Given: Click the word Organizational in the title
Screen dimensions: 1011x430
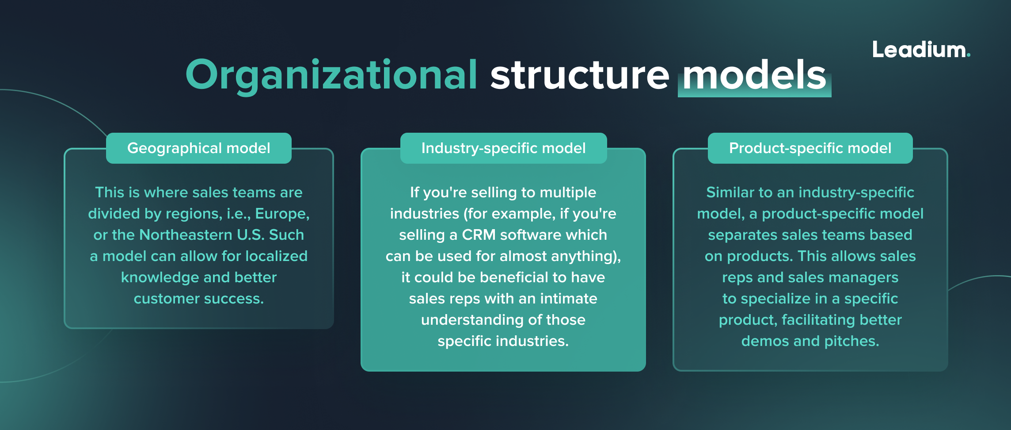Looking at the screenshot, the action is (x=331, y=75).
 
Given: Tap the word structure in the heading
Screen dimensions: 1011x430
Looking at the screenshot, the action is (x=580, y=75).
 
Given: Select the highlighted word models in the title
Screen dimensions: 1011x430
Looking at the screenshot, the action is (x=754, y=75).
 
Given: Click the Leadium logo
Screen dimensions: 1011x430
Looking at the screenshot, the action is (x=921, y=50).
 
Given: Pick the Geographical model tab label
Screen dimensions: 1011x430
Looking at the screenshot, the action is (x=199, y=148).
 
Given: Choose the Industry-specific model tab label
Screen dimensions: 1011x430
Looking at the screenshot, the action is (x=503, y=148).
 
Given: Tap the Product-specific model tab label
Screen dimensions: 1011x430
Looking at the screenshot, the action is (x=810, y=148).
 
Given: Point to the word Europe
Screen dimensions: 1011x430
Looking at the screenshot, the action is (x=282, y=214).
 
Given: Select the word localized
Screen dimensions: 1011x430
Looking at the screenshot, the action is (x=276, y=256).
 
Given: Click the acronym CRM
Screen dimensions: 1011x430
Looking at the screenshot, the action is (x=479, y=235).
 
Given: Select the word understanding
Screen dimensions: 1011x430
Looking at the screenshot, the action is (x=470, y=320).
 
